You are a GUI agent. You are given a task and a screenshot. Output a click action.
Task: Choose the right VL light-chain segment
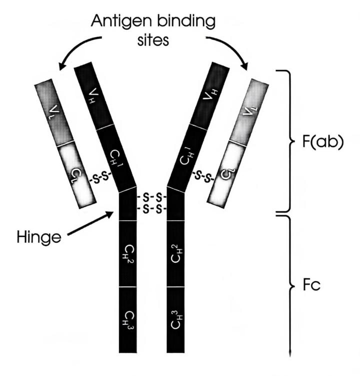(255, 111)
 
